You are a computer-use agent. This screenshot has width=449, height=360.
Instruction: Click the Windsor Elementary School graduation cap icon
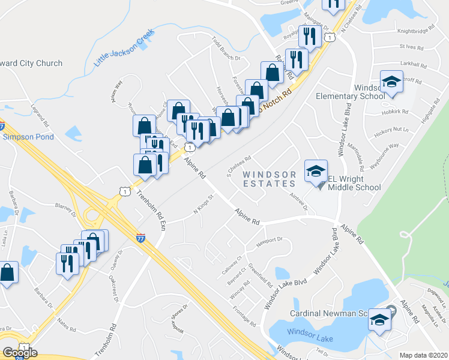pyautogui.click(x=392, y=82)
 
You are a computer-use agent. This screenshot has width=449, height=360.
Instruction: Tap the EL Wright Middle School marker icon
pyautogui.click(x=316, y=171)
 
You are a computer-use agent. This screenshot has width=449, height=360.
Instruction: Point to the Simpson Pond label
pyautogui.click(x=28, y=137)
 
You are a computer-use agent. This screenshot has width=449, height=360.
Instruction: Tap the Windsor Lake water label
pyautogui.click(x=307, y=331)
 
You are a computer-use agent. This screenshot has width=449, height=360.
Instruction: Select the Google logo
pyautogui.click(x=20, y=352)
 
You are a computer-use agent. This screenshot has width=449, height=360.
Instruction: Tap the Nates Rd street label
pyautogui.click(x=67, y=326)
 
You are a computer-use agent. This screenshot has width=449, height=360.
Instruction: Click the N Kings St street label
pyautogui.click(x=204, y=205)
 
